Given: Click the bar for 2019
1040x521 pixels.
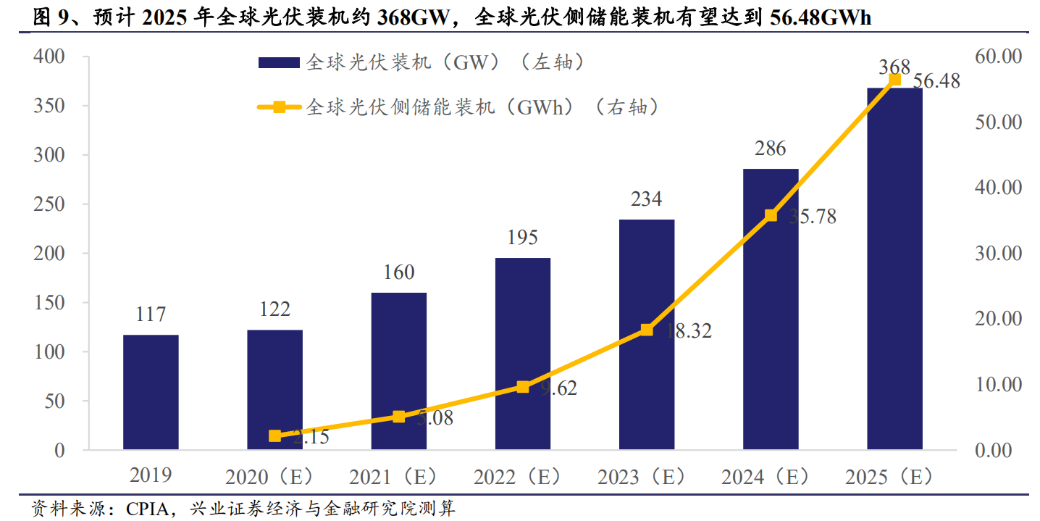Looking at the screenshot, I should coord(151,392).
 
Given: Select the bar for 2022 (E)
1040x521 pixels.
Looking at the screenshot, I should coord(523,354).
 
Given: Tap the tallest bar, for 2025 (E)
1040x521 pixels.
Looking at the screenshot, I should coord(894,269).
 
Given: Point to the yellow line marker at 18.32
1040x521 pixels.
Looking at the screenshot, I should coord(647,330).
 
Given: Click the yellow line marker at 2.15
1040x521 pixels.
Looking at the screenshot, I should coord(275,435).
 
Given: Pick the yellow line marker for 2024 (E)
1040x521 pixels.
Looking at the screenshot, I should coord(771,215).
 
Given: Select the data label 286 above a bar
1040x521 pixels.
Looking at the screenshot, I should coord(770,149).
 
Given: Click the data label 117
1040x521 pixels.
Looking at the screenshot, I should coord(151,315).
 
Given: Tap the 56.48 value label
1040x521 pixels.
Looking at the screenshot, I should coord(936,82).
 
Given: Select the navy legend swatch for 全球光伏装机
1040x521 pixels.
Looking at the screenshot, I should coord(279,63).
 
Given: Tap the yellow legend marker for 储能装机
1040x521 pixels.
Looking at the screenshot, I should coord(279,108).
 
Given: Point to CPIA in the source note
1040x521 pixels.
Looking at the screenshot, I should coord(148,508).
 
